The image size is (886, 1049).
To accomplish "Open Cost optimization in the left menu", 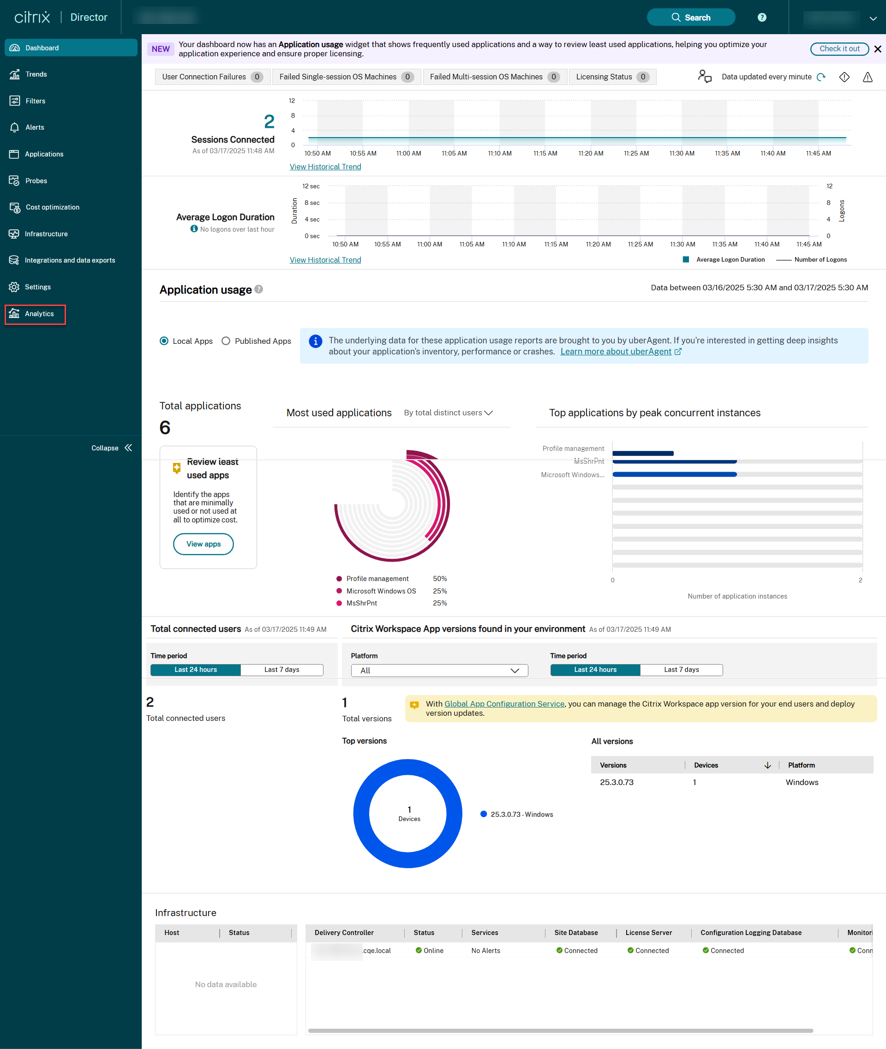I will click(x=52, y=207).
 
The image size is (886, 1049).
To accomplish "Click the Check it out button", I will click(x=839, y=49).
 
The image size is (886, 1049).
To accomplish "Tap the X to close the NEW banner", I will click(x=877, y=49).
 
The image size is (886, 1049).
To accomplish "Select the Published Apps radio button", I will click(x=226, y=341).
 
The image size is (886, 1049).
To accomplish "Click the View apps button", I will click(x=203, y=544).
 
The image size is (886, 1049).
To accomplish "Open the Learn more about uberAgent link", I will click(x=615, y=352).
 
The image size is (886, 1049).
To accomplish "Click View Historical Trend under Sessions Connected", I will click(x=325, y=167).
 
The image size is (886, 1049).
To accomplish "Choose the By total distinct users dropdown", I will click(x=448, y=413).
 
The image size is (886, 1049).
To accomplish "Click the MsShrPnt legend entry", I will click(x=361, y=603).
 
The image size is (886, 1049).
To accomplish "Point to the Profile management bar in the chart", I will click(x=642, y=453).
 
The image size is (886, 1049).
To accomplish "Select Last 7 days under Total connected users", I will click(x=281, y=670).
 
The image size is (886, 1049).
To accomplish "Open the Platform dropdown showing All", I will click(x=439, y=671).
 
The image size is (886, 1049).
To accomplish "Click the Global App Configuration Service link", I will click(x=504, y=704).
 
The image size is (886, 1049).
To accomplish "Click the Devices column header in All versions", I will click(x=706, y=765).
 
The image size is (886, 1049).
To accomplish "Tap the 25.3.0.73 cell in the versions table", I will click(x=617, y=782).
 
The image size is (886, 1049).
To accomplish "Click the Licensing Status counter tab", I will click(x=612, y=77).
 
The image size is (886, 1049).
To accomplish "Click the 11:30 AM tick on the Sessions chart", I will click(x=682, y=153).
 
